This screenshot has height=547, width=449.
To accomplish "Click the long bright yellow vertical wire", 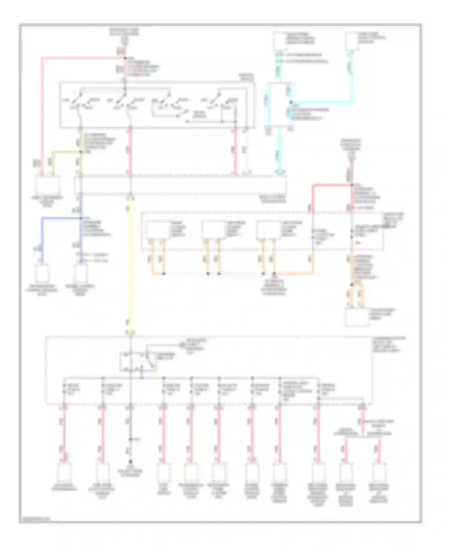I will click(x=130, y=263).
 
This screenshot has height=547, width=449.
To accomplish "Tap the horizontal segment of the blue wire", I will click(x=60, y=218).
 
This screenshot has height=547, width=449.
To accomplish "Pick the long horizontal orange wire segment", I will click(x=293, y=273).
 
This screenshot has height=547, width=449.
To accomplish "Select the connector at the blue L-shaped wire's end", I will click(x=42, y=272).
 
